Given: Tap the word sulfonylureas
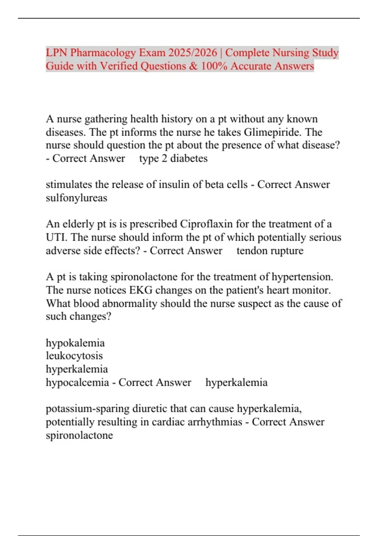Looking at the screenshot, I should [77, 198].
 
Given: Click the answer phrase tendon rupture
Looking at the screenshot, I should [270, 251].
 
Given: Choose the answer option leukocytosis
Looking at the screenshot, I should [74, 356].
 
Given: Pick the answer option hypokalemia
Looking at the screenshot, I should [75, 343].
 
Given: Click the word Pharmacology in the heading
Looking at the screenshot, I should [103, 52].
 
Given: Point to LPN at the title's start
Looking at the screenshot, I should [56, 52].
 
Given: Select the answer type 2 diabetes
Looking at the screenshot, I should [173, 158].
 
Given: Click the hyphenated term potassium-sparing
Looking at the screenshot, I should [88, 409].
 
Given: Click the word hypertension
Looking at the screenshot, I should [302, 277].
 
